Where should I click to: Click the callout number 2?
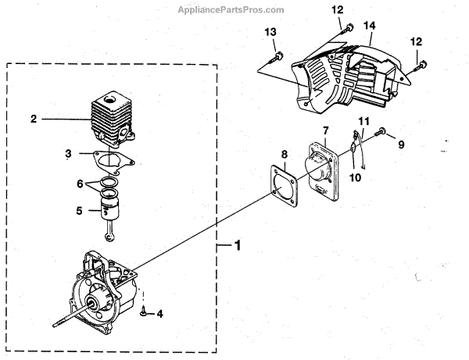click(x=34, y=119)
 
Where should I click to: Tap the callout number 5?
click(x=79, y=210)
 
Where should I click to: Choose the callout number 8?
click(x=285, y=155)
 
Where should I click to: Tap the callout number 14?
click(x=370, y=26)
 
